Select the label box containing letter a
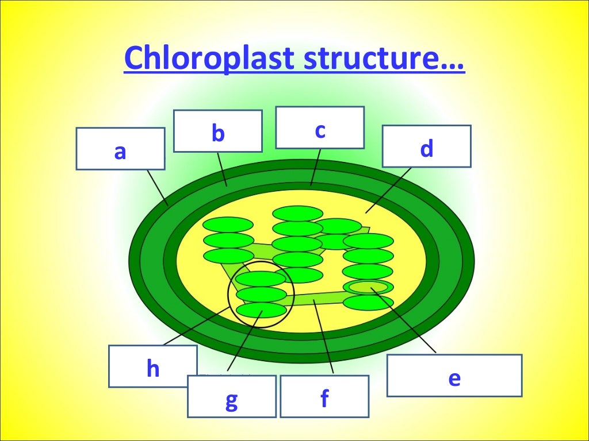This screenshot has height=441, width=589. tap(120, 149)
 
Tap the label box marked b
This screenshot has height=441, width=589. tap(217, 131)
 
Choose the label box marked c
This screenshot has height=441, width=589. tap(320, 127)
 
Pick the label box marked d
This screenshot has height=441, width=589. tap(426, 146)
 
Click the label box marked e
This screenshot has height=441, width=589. tap(454, 376)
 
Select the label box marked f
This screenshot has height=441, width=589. tap(324, 396)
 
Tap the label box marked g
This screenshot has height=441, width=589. tap(231, 396)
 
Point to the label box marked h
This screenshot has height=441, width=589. tap(152, 366)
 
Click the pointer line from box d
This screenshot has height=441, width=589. tap(388, 191)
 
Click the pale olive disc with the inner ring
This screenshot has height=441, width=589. tap(368, 287)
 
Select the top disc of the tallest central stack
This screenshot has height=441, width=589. tap(297, 213)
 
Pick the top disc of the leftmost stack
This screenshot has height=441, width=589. tap(228, 225)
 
